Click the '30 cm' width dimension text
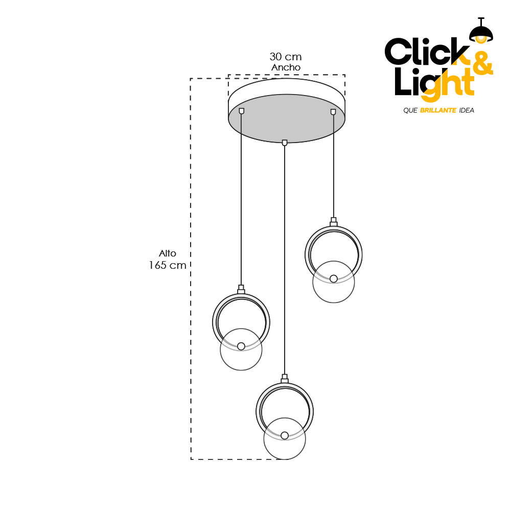click(x=285, y=57)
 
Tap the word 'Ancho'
click(x=286, y=67)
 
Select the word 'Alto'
click(x=168, y=253)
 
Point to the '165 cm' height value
click(x=168, y=266)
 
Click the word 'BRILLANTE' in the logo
click(x=438, y=110)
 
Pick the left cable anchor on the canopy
click(x=242, y=111)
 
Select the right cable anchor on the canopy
click(x=333, y=111)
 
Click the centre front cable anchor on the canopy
click(x=285, y=143)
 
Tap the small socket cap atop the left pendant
click(x=241, y=289)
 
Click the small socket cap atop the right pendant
click(x=334, y=221)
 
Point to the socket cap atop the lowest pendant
click(x=285, y=379)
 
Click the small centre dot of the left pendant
click(x=241, y=346)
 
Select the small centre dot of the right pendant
click(x=334, y=278)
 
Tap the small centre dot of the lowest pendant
click(x=285, y=435)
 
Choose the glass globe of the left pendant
click(x=241, y=358)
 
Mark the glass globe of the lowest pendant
click(x=285, y=447)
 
